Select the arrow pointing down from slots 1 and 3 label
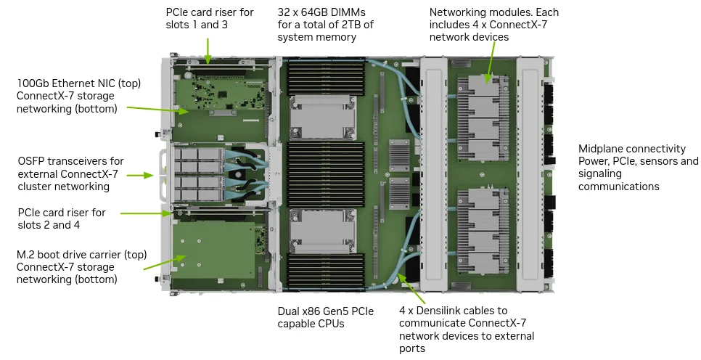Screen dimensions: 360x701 208,49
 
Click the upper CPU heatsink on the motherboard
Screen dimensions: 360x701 322,115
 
